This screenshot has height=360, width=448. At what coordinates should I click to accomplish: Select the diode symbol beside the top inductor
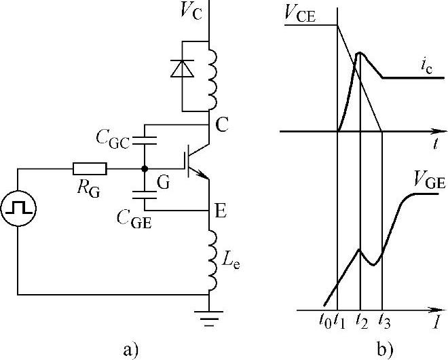point(181,67)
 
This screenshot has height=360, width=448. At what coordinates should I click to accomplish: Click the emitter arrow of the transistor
point(202,175)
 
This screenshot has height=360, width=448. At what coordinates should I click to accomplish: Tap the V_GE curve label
point(428,179)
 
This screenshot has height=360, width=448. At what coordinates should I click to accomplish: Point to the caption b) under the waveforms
point(385,350)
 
